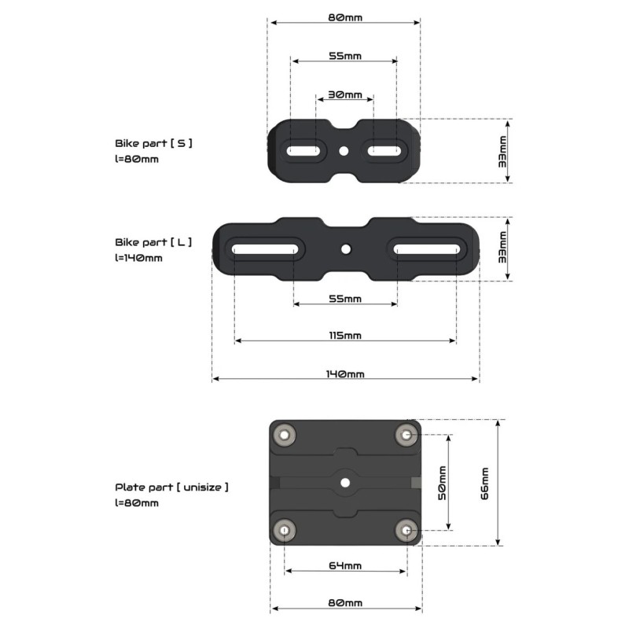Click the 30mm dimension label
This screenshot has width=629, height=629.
coord(344,94)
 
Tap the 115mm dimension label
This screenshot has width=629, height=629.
coord(344,336)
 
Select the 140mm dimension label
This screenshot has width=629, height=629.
coord(344,374)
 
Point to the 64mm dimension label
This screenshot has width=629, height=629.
coord(344,565)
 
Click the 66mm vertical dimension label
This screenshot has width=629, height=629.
coord(484,483)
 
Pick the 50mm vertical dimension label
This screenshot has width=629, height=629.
coord(442,483)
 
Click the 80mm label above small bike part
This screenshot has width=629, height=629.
coord(344,17)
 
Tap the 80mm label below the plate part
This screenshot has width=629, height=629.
coord(344,603)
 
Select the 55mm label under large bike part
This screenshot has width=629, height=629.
coord(344,299)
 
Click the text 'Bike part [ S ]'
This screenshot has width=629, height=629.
coord(153,144)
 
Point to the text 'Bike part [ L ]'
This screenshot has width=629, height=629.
coord(153,242)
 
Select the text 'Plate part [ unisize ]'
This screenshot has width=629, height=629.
coord(172,487)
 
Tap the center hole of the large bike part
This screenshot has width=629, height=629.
coord(345,249)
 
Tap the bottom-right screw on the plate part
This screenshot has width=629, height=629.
coord(406,531)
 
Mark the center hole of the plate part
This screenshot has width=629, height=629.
coord(345,483)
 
